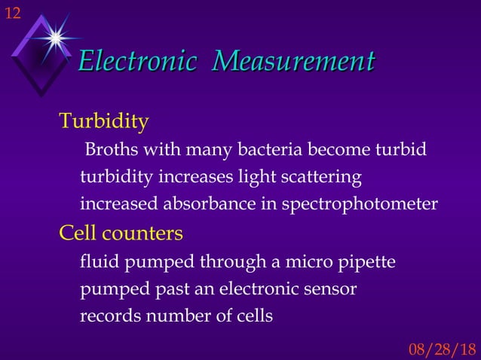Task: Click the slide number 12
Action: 13,12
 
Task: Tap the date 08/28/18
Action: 442,349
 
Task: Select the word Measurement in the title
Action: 293,61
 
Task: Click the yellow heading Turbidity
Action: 103,121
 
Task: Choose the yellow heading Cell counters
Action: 121,233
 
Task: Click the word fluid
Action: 99,262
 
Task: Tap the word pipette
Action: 367,263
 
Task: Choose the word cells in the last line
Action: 254,316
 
